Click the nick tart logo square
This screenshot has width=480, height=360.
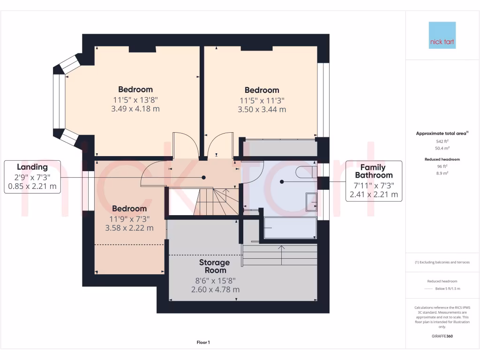click(x=442, y=35)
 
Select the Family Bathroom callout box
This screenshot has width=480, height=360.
click(x=374, y=181)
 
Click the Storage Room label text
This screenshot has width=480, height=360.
click(x=215, y=266)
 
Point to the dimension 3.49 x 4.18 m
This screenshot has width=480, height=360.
click(x=135, y=109)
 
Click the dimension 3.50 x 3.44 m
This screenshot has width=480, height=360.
click(x=262, y=110)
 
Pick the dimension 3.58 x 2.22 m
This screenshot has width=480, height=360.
click(x=129, y=228)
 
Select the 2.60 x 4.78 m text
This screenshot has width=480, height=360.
click(x=215, y=290)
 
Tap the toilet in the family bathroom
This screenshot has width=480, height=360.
click(x=307, y=173)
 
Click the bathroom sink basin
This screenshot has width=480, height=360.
click(x=311, y=202)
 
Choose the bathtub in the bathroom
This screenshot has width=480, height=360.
click(x=291, y=228)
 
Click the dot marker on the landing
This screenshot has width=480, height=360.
click(x=204, y=177)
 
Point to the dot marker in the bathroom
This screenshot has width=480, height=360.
click(x=282, y=181)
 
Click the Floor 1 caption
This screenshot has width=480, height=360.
click(x=203, y=343)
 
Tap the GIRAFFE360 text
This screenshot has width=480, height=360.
click(x=442, y=337)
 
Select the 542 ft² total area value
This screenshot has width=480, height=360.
click(x=442, y=141)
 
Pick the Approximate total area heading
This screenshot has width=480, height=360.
click(x=441, y=134)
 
